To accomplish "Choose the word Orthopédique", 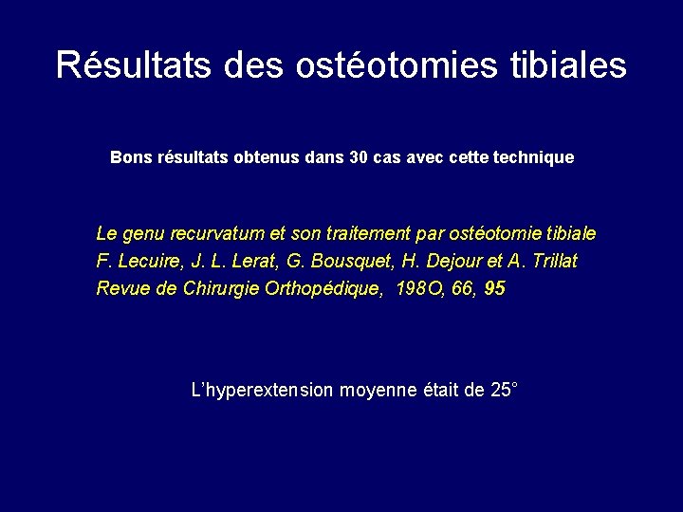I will pyautogui.click(x=314, y=288).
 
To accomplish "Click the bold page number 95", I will pyautogui.click(x=494, y=288).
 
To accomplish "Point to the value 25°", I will pyautogui.click(x=504, y=390).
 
